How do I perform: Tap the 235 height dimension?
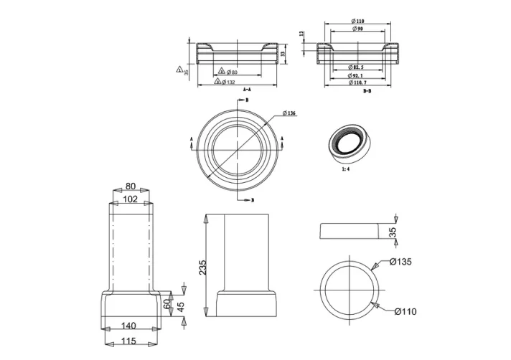tap(202, 267)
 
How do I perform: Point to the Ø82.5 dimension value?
tap(360, 67)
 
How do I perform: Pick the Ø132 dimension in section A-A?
tap(227, 81)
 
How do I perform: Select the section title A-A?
tap(246, 89)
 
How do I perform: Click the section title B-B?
tap(367, 91)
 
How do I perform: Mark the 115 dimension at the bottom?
tap(130, 342)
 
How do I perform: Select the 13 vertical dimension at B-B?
tap(302, 33)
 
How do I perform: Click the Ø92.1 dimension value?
tap(360, 75)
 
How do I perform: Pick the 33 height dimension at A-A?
tap(283, 52)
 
